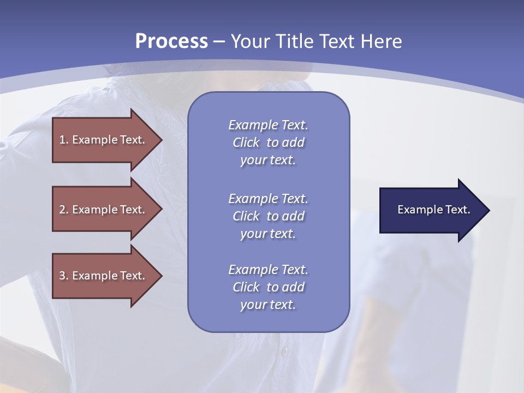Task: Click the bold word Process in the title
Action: pyautogui.click(x=171, y=41)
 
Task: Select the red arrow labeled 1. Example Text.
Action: pyautogui.click(x=104, y=140)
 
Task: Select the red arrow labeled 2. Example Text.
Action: pyautogui.click(x=104, y=210)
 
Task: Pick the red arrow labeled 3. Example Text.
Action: pyautogui.click(x=104, y=276)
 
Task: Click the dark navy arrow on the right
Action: pyautogui.click(x=431, y=210)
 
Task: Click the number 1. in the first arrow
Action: pyautogui.click(x=64, y=140)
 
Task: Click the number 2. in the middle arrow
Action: pyautogui.click(x=64, y=210)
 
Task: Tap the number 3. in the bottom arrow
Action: pyautogui.click(x=64, y=276)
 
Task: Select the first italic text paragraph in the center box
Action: pyautogui.click(x=268, y=142)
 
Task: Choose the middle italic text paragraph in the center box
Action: pyautogui.click(x=268, y=216)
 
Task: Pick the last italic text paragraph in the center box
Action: pyautogui.click(x=268, y=287)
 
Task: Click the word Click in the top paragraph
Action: pyautogui.click(x=246, y=142)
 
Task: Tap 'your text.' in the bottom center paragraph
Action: pyautogui.click(x=268, y=305)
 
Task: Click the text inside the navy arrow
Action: pyautogui.click(x=433, y=210)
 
